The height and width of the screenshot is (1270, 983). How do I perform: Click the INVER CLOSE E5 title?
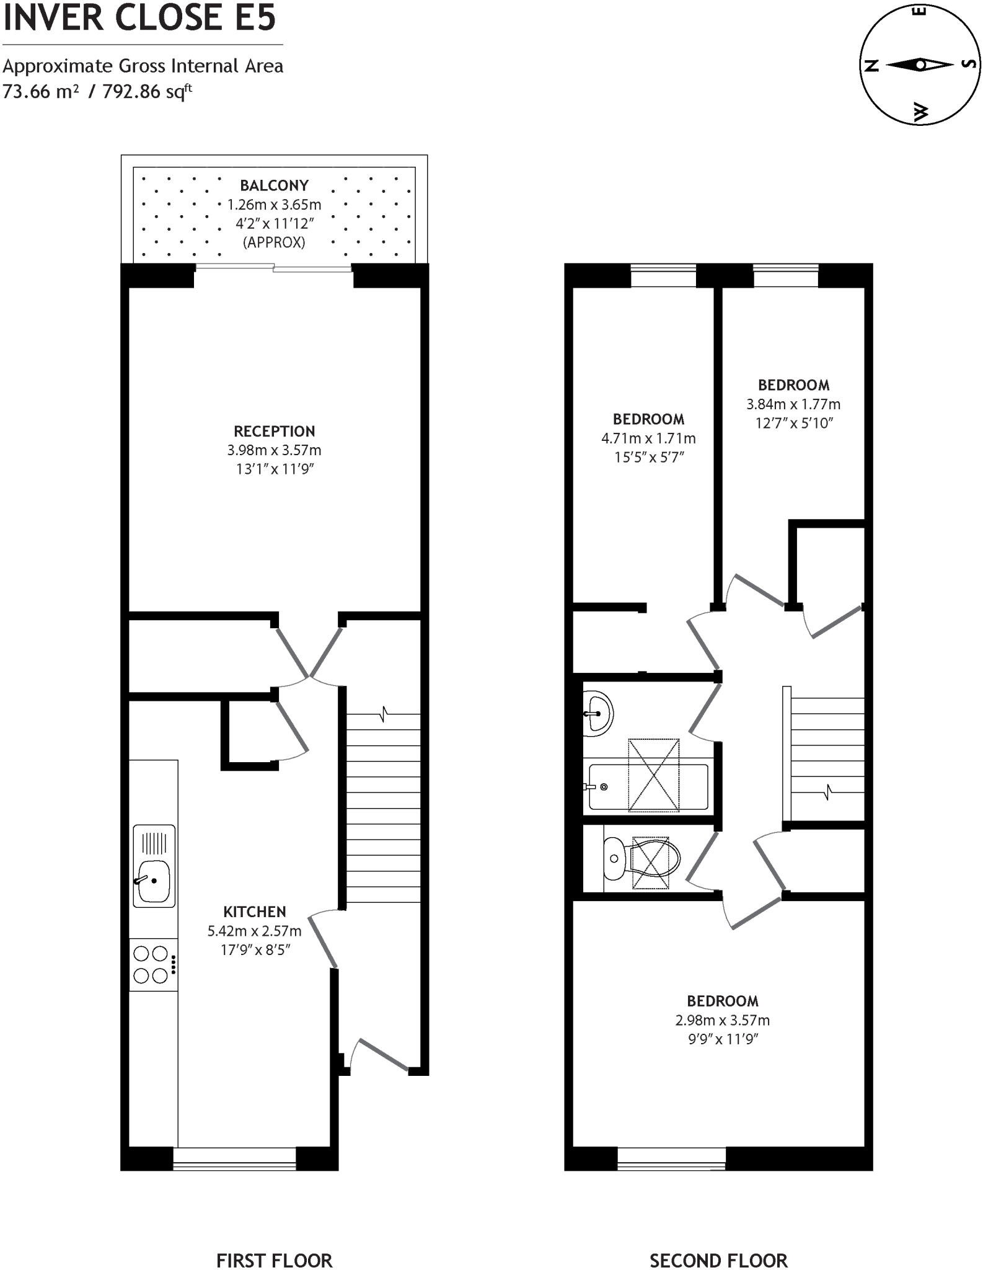(x=139, y=17)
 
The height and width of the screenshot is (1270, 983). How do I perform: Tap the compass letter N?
(x=871, y=64)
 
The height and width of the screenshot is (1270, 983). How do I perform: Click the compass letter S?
(x=970, y=64)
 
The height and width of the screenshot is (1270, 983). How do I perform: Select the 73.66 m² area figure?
(x=41, y=92)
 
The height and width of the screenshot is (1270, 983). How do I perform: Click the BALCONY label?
(x=274, y=185)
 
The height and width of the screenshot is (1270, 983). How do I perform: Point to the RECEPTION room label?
(x=274, y=431)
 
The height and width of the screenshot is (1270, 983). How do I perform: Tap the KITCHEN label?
(x=254, y=912)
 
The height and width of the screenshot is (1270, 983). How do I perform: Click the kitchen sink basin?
(x=153, y=881)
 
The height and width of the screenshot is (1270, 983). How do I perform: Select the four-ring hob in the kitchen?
(x=151, y=964)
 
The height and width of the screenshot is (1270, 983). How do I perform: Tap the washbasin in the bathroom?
(x=597, y=713)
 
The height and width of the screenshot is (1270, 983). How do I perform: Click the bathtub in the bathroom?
(x=648, y=787)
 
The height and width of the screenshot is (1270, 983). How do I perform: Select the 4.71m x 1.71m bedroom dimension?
(x=648, y=438)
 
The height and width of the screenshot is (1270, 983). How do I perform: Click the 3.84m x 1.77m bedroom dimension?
(x=793, y=404)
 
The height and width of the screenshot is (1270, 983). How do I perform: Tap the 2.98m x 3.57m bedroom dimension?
(x=722, y=1020)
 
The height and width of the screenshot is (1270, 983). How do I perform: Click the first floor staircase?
(x=382, y=806)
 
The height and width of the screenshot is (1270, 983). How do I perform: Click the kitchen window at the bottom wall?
(x=234, y=1158)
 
